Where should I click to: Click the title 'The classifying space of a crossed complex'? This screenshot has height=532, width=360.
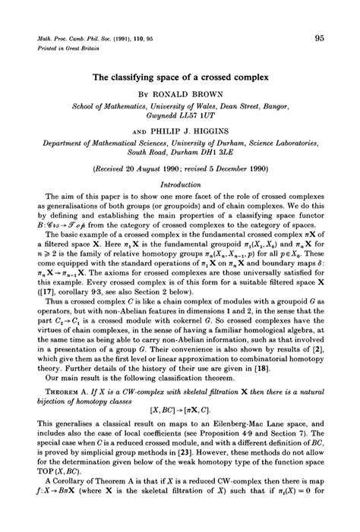(x=181, y=76)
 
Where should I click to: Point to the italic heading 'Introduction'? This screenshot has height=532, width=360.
(x=180, y=183)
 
